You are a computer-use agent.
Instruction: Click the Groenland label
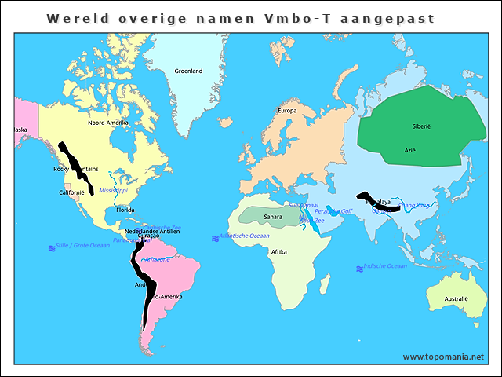[x=188, y=71]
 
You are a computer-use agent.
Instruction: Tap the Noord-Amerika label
[x=107, y=123]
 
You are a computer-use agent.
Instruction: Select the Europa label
[x=287, y=111]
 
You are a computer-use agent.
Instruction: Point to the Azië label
[x=409, y=149]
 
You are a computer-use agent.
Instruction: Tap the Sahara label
[x=273, y=216]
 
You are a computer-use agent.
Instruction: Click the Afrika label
[x=278, y=252]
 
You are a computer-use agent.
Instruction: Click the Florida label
[x=125, y=210]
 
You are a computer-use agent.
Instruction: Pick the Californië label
[x=71, y=192]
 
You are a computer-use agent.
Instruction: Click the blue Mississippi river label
[x=114, y=191]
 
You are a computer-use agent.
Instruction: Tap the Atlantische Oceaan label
[x=245, y=236]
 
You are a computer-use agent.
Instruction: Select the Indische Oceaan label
[x=386, y=266]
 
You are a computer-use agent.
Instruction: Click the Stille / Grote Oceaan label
[x=83, y=246]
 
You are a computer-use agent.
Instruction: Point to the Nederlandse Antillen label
[x=153, y=232]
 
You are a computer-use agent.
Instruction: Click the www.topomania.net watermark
[x=443, y=357]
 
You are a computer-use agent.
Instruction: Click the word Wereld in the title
[x=72, y=17]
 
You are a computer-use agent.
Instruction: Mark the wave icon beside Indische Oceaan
[x=359, y=269]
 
